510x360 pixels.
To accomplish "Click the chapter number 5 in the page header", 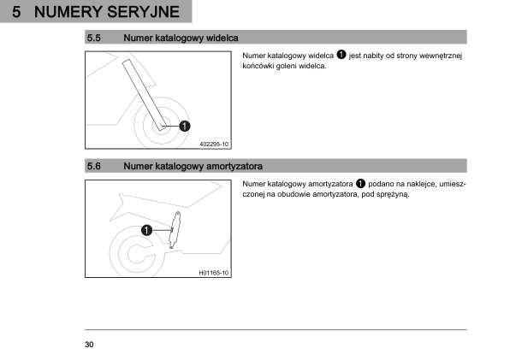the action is click(16, 12).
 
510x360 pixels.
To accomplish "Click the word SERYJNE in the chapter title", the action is click(143, 12).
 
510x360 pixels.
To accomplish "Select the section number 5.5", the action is click(93, 38).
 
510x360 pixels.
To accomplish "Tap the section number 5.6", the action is click(93, 167).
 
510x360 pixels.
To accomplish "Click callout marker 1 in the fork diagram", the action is click(185, 126).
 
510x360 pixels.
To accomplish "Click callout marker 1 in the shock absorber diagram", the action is click(146, 230).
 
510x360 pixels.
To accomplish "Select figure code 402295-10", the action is click(214, 144).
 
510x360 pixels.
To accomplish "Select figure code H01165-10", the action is click(213, 273).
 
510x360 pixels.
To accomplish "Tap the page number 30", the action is click(89, 345).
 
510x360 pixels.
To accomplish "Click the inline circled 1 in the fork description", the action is click(341, 54).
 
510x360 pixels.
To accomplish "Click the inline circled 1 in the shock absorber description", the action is click(360, 183).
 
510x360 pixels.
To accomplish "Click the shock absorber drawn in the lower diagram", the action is click(175, 230).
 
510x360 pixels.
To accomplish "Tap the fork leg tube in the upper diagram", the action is click(145, 95).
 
